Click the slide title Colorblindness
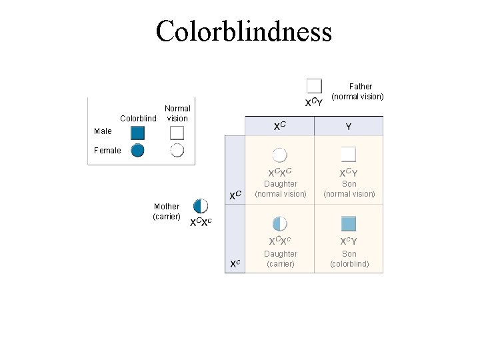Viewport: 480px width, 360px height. point(243,31)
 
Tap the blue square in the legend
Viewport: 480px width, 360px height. point(138,133)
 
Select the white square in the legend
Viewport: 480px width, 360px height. point(177,133)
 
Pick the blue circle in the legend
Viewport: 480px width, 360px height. point(137,150)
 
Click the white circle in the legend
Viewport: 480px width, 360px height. point(177,150)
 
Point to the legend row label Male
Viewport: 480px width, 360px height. point(103,132)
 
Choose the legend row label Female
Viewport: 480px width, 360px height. point(107,151)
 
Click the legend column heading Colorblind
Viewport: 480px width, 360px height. point(138,119)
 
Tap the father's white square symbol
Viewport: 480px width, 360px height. point(314,86)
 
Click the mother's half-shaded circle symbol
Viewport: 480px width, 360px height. point(200,206)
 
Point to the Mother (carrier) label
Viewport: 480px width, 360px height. point(166,211)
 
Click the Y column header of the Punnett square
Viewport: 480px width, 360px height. point(349,126)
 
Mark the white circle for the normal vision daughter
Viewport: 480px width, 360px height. point(280,155)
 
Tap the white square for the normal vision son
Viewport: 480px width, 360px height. point(349,155)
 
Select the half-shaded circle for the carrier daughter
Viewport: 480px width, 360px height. point(280,223)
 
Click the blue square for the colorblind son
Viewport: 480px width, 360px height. point(349,223)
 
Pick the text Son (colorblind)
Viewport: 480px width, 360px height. point(349,259)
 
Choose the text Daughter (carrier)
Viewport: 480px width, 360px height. point(281,259)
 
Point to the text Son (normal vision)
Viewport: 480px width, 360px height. point(349,189)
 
